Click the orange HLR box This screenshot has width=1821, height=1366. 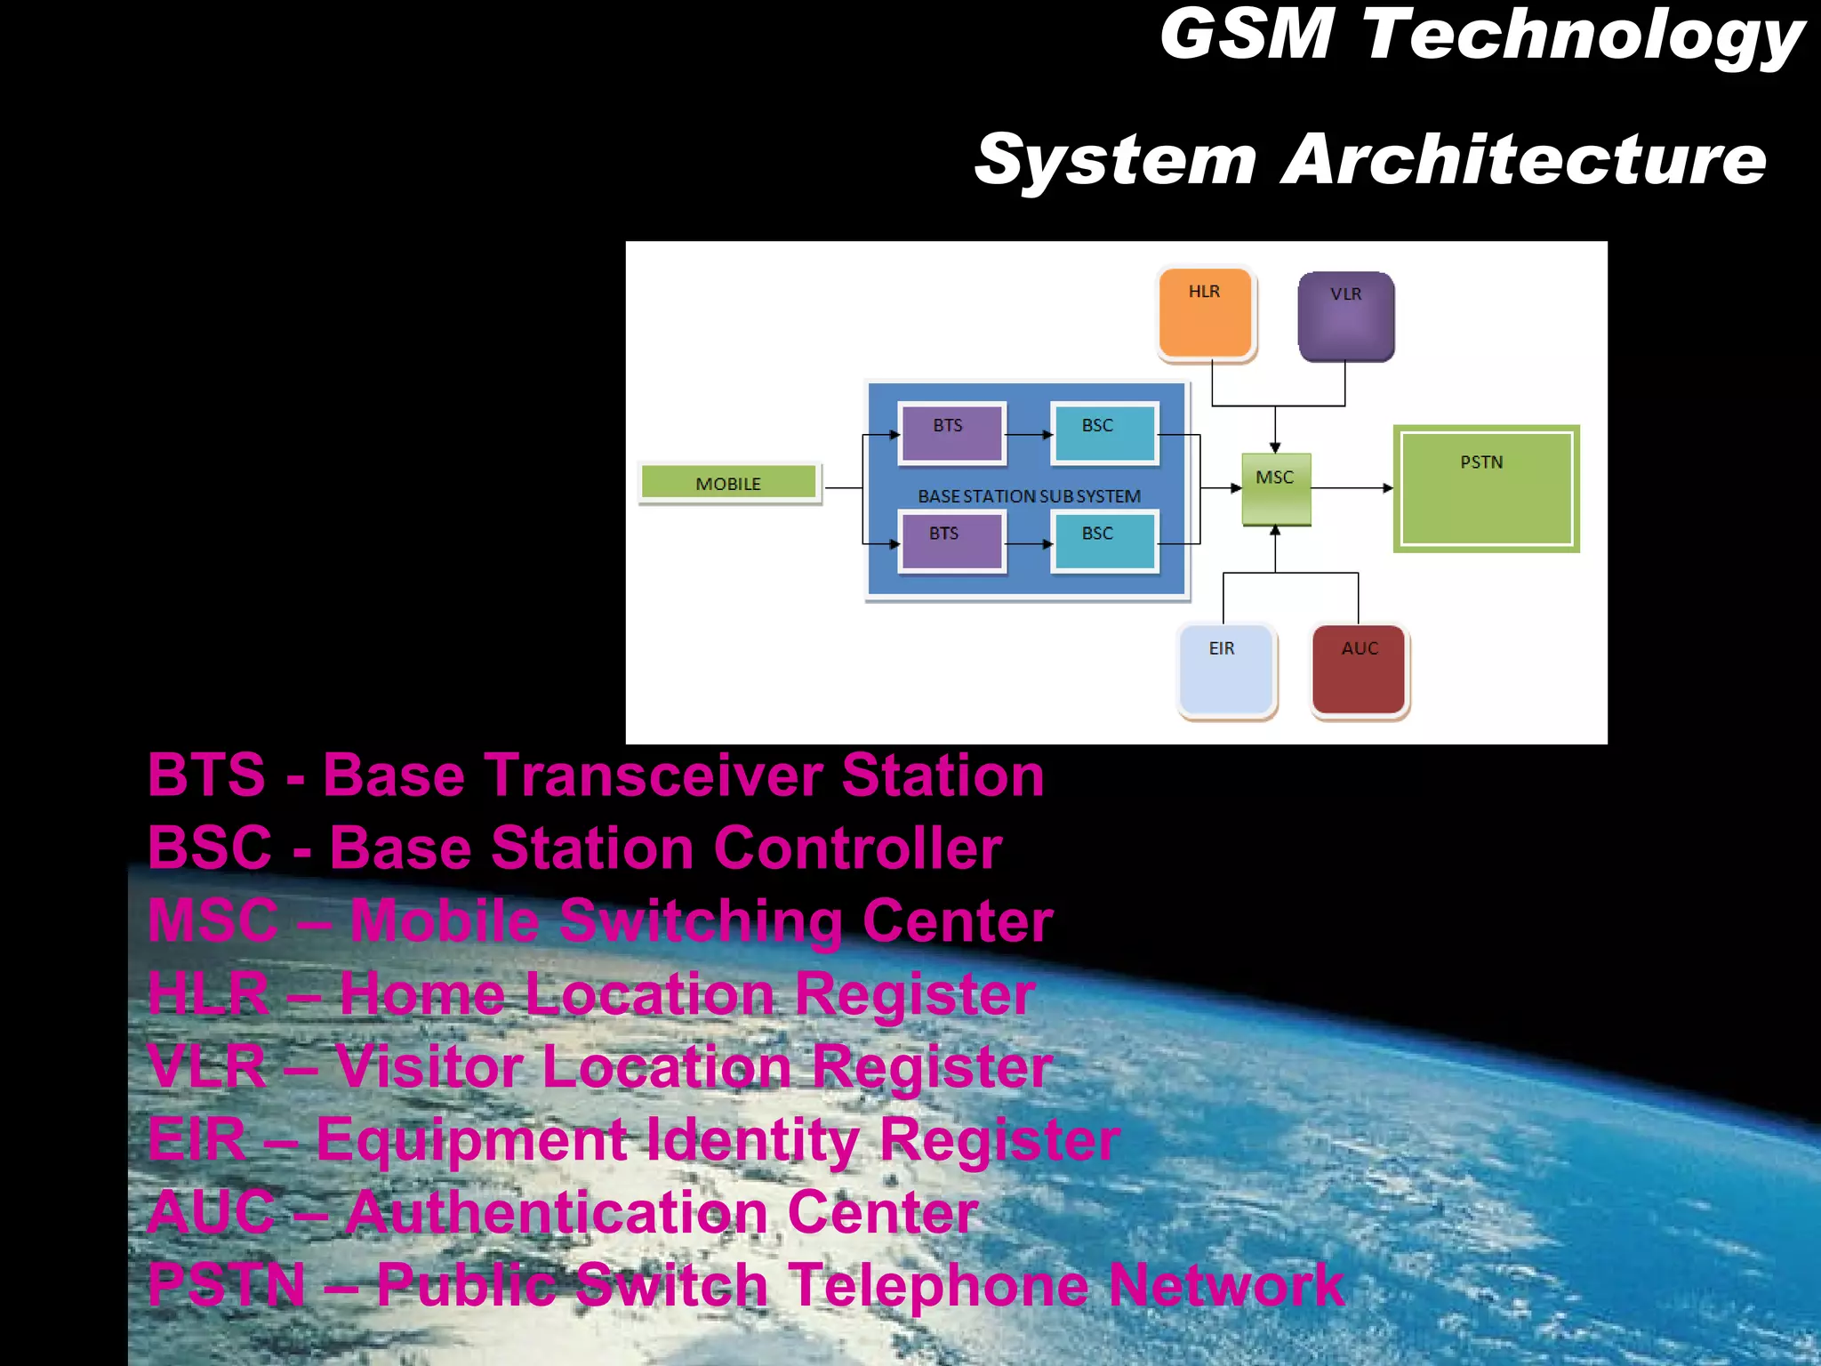pyautogui.click(x=1206, y=314)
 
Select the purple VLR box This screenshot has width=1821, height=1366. pyautogui.click(x=1345, y=317)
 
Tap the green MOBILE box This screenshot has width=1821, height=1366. pyautogui.click(x=729, y=483)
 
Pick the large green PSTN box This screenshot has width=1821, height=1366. pyautogui.click(x=1486, y=489)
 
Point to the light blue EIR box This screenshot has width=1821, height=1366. pyautogui.click(x=1226, y=670)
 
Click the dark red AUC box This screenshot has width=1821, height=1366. pyautogui.click(x=1359, y=670)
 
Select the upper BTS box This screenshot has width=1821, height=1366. pyautogui.click(x=951, y=433)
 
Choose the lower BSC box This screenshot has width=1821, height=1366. pyautogui.click(x=1103, y=541)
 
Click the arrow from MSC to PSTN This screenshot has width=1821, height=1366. pyautogui.click(x=1352, y=488)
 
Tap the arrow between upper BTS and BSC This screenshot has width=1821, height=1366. pyautogui.click(x=1029, y=435)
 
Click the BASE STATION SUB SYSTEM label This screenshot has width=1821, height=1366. pyautogui.click(x=1029, y=496)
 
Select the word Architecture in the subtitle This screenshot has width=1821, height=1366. pyautogui.click(x=1522, y=160)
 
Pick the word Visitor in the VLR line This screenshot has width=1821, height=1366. pyautogui.click(x=429, y=1066)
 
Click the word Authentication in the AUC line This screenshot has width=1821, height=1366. pyautogui.click(x=557, y=1212)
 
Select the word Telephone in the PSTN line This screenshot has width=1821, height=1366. pyautogui.click(x=937, y=1285)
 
